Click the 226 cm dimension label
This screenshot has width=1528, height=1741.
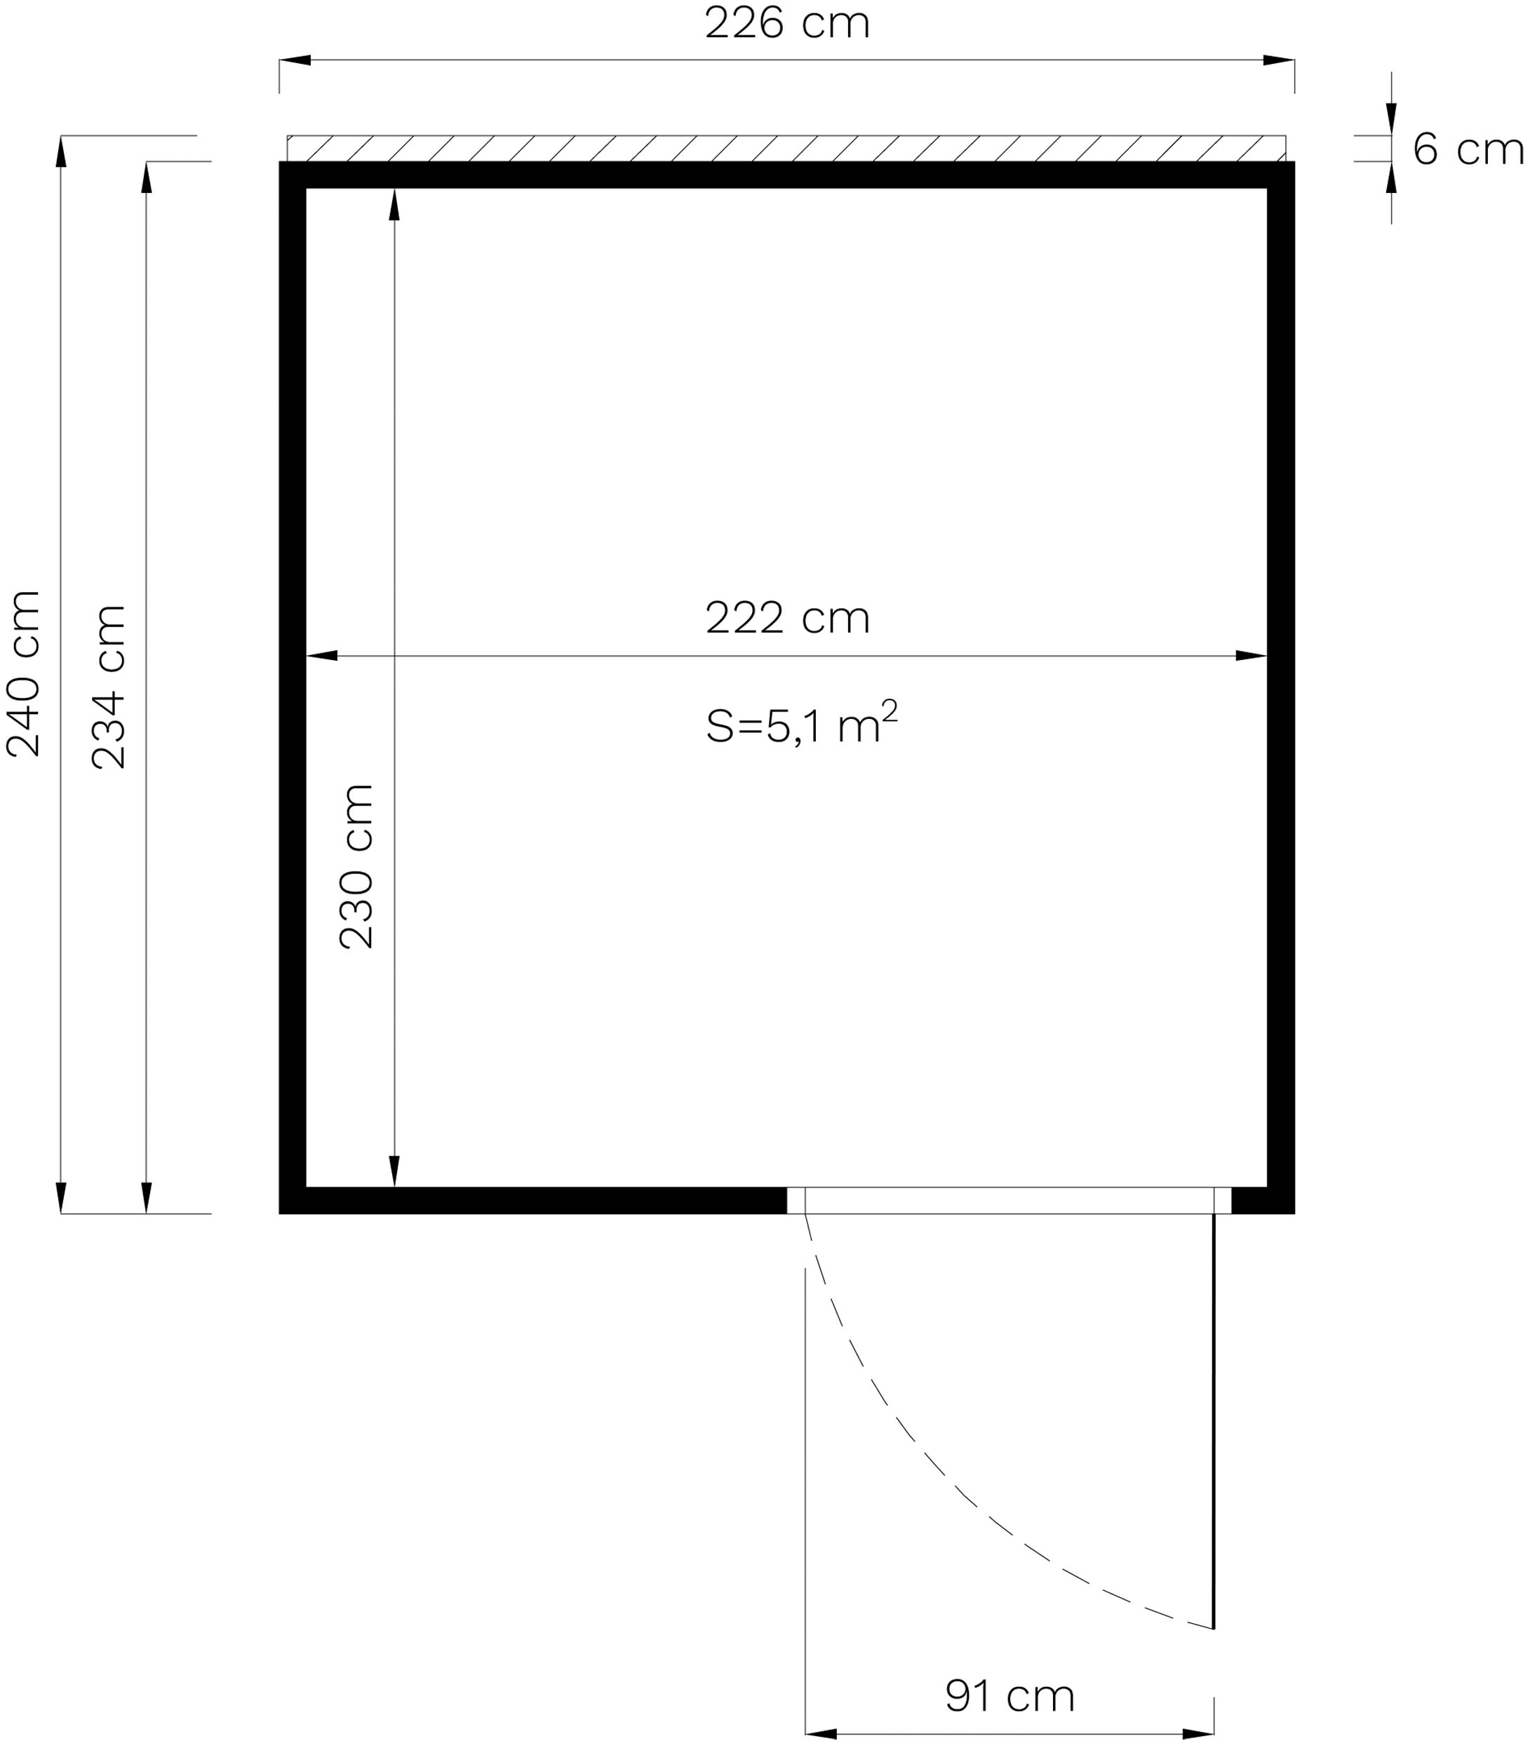pyautogui.click(x=787, y=24)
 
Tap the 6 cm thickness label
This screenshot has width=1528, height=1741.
pyautogui.click(x=1468, y=150)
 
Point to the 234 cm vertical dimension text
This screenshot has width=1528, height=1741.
pyautogui.click(x=109, y=687)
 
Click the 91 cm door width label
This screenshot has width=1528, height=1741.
pyautogui.click(x=1010, y=1696)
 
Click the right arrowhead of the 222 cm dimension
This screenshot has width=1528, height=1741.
pyautogui.click(x=1250, y=656)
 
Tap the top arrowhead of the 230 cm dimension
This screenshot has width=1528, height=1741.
pyautogui.click(x=394, y=204)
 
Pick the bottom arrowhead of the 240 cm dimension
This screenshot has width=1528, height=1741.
pyautogui.click(x=61, y=1197)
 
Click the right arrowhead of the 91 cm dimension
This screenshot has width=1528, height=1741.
pyautogui.click(x=1198, y=1733)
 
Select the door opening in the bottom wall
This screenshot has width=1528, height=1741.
pyautogui.click(x=1008, y=1200)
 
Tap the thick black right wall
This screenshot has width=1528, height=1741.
pyautogui.click(x=1280, y=681)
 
